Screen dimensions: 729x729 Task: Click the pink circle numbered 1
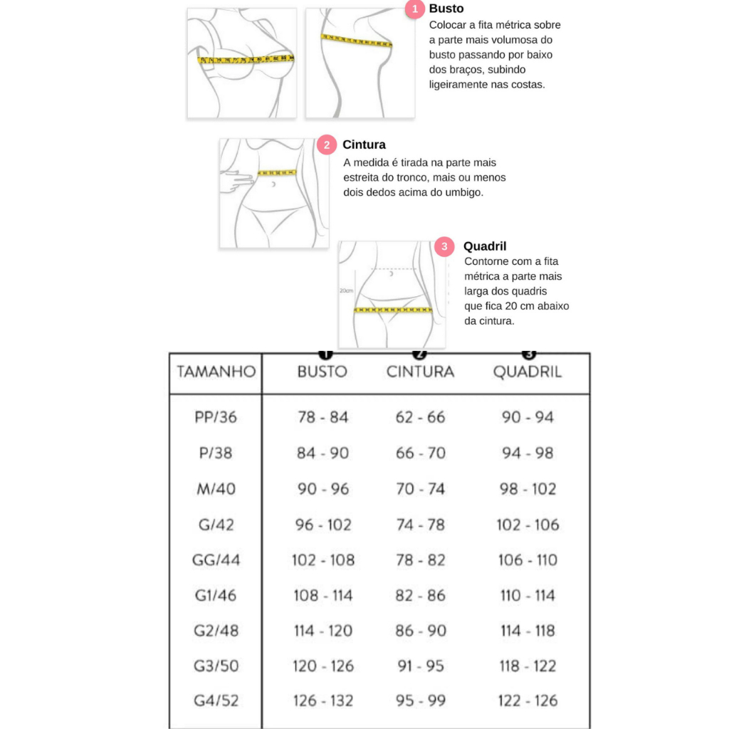point(415,9)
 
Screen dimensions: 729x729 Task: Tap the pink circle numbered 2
point(327,145)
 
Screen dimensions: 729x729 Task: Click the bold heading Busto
point(446,9)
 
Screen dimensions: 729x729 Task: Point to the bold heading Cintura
point(364,145)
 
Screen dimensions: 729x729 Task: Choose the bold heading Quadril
point(485,246)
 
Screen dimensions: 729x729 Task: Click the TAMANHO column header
point(216,372)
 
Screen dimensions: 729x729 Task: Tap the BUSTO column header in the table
point(322,372)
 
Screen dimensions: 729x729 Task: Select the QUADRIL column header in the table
point(528,372)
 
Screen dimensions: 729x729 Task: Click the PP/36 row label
point(216,417)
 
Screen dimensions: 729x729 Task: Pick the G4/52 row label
point(216,701)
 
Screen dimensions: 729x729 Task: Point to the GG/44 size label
point(216,560)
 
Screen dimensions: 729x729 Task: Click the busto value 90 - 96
point(323,489)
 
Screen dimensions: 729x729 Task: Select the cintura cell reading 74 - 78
point(421,525)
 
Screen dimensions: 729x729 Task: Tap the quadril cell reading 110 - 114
point(528,595)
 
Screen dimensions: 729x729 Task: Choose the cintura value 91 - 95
point(421,666)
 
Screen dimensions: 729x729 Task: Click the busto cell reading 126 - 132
point(323,701)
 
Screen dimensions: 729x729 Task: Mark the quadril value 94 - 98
point(528,453)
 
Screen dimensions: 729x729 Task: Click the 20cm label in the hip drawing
point(345,290)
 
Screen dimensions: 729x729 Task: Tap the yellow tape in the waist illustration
point(277,172)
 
